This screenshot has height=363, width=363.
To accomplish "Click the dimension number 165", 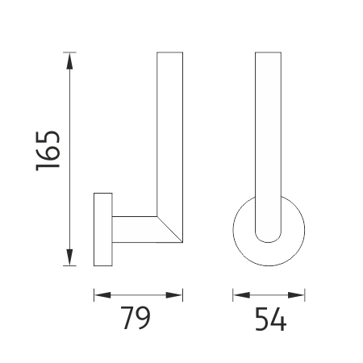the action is click(x=48, y=151).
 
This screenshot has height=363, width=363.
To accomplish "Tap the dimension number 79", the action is click(x=136, y=318).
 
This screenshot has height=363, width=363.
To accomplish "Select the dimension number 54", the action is click(x=270, y=319).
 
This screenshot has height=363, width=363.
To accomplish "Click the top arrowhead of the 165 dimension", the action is click(x=69, y=61).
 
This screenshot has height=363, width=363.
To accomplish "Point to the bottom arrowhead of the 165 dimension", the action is click(x=69, y=257).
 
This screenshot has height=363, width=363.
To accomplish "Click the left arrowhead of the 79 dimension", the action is click(x=102, y=295).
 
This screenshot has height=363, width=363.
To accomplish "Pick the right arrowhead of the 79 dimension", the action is click(x=174, y=295).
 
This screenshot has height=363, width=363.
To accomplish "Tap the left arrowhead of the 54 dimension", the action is click(x=241, y=295).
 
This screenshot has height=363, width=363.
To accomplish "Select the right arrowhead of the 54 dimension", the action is click(x=296, y=295).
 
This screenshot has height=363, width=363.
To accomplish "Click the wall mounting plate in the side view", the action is click(x=103, y=229).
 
